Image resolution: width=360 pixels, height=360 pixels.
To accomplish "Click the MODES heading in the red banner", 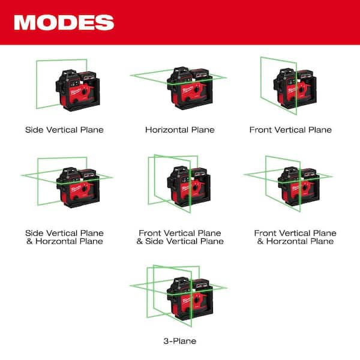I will pos(64,22).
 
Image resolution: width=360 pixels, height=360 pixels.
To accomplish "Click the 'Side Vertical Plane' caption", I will pos(64,130).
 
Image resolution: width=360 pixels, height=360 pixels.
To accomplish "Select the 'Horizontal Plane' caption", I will pos(180,130).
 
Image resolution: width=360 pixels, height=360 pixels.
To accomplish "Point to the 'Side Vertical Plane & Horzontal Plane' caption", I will pos(64,237).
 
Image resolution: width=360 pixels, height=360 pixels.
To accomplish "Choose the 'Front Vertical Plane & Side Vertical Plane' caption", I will pos(180,237).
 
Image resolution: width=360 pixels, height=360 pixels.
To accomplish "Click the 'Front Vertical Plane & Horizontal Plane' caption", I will pos(295,237).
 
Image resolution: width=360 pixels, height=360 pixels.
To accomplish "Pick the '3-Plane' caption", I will pos(180,341).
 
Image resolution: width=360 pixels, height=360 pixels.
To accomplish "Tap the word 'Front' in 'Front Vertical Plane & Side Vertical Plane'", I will pos(150,233).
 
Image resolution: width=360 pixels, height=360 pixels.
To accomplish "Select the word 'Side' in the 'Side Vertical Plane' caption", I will pos(34,130).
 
